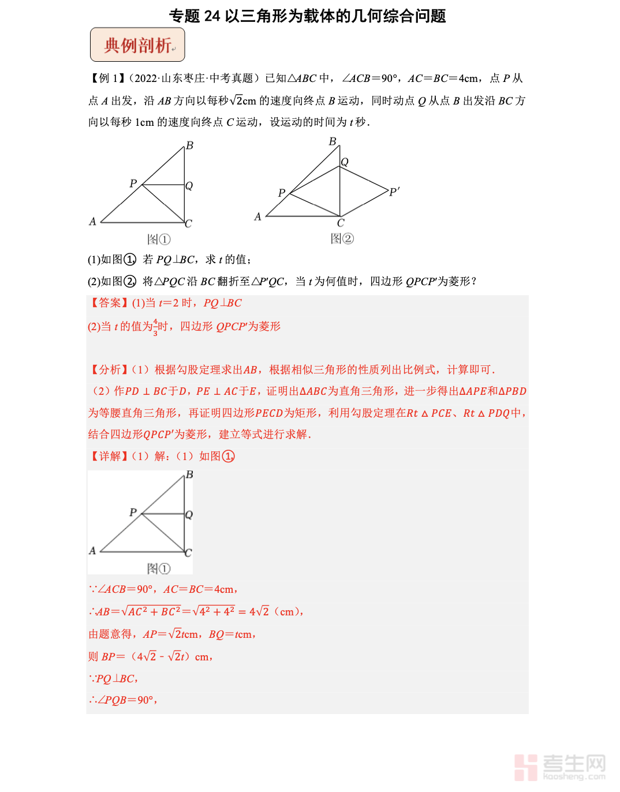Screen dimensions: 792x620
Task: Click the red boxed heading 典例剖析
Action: pos(137,44)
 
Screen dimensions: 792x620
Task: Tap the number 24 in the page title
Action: pos(212,16)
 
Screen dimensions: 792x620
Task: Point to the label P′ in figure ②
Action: pos(394,192)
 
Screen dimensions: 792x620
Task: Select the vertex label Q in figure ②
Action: pos(345,162)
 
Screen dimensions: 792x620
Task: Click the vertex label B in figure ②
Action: pos(333,141)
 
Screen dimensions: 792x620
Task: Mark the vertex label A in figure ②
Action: pos(258,216)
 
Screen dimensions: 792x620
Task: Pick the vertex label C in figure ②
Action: pos(341,223)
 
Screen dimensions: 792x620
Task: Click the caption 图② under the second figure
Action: pos(342,238)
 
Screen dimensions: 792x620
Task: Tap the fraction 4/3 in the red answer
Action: pos(155,327)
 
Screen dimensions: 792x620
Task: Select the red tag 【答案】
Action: pos(109,303)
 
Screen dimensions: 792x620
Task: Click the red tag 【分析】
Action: pos(109,369)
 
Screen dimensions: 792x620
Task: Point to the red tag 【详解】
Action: pos(109,456)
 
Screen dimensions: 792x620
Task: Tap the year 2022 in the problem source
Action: pos(145,79)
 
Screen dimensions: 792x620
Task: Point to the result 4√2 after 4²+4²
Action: pos(259,611)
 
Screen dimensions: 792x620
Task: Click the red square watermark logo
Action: pos(525,767)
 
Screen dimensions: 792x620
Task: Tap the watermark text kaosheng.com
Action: pos(574,777)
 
